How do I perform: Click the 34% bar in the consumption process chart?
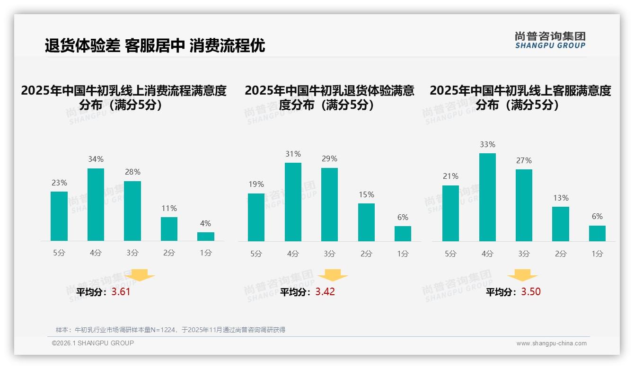(96, 204)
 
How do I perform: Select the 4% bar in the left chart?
(205, 237)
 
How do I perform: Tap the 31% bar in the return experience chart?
(293, 202)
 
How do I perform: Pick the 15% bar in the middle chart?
(366, 222)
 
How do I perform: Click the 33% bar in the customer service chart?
(487, 197)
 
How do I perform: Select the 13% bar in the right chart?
(561, 224)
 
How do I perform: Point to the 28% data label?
(132, 172)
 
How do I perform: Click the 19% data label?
(256, 184)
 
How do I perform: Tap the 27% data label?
(524, 161)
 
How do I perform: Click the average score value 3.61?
(121, 292)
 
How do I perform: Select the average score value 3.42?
(325, 292)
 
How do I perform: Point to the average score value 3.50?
(531, 292)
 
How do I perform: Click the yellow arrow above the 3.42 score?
(333, 275)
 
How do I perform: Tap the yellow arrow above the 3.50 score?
(522, 275)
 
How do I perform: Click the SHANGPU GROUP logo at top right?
(550, 40)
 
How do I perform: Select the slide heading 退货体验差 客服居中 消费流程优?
(155, 45)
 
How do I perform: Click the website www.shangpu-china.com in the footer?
(551, 343)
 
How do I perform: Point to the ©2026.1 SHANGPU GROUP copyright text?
(93, 343)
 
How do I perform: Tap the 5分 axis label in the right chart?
(450, 254)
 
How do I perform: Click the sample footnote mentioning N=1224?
(170, 330)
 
